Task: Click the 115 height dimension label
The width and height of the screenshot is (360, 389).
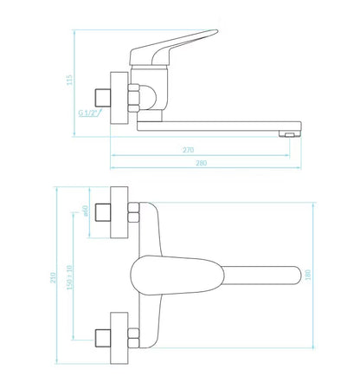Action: tap(69, 80)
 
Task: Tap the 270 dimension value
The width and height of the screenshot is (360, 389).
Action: tap(189, 150)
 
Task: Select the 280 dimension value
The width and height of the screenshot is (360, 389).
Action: tap(202, 163)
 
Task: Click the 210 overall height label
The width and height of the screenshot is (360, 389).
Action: tap(53, 277)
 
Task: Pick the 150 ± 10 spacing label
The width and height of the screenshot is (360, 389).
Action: tap(69, 277)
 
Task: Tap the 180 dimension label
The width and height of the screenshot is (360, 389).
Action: tap(308, 275)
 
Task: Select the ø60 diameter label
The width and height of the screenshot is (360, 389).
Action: tap(85, 211)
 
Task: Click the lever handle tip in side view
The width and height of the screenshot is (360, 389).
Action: tap(216, 30)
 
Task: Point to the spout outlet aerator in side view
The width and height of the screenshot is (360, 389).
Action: tap(290, 134)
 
